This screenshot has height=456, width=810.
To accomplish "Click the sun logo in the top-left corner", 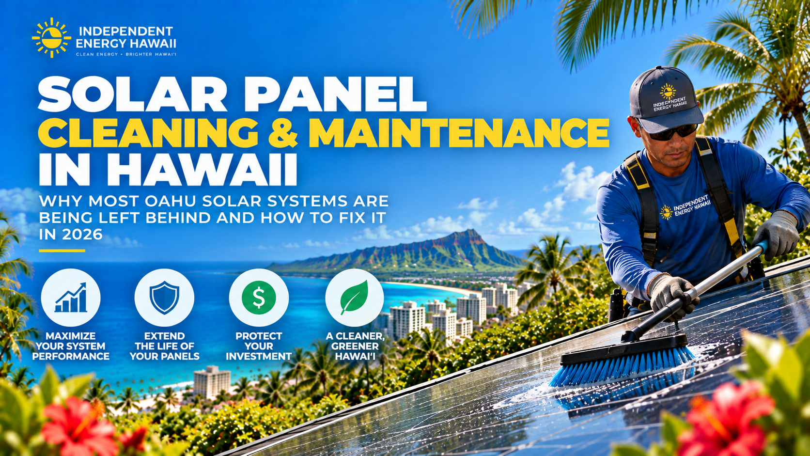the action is [51, 38].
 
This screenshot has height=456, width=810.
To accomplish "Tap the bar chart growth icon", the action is [71, 298].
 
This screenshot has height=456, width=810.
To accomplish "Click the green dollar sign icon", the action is [259, 298].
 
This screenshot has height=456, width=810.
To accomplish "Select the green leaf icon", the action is [355, 298].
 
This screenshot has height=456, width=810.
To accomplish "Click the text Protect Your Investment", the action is [259, 346].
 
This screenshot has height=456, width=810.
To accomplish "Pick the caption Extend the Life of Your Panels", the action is [165, 346].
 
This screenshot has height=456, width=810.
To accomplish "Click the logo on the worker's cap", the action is [670, 97].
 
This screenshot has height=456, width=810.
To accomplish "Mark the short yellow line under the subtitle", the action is [62, 251].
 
